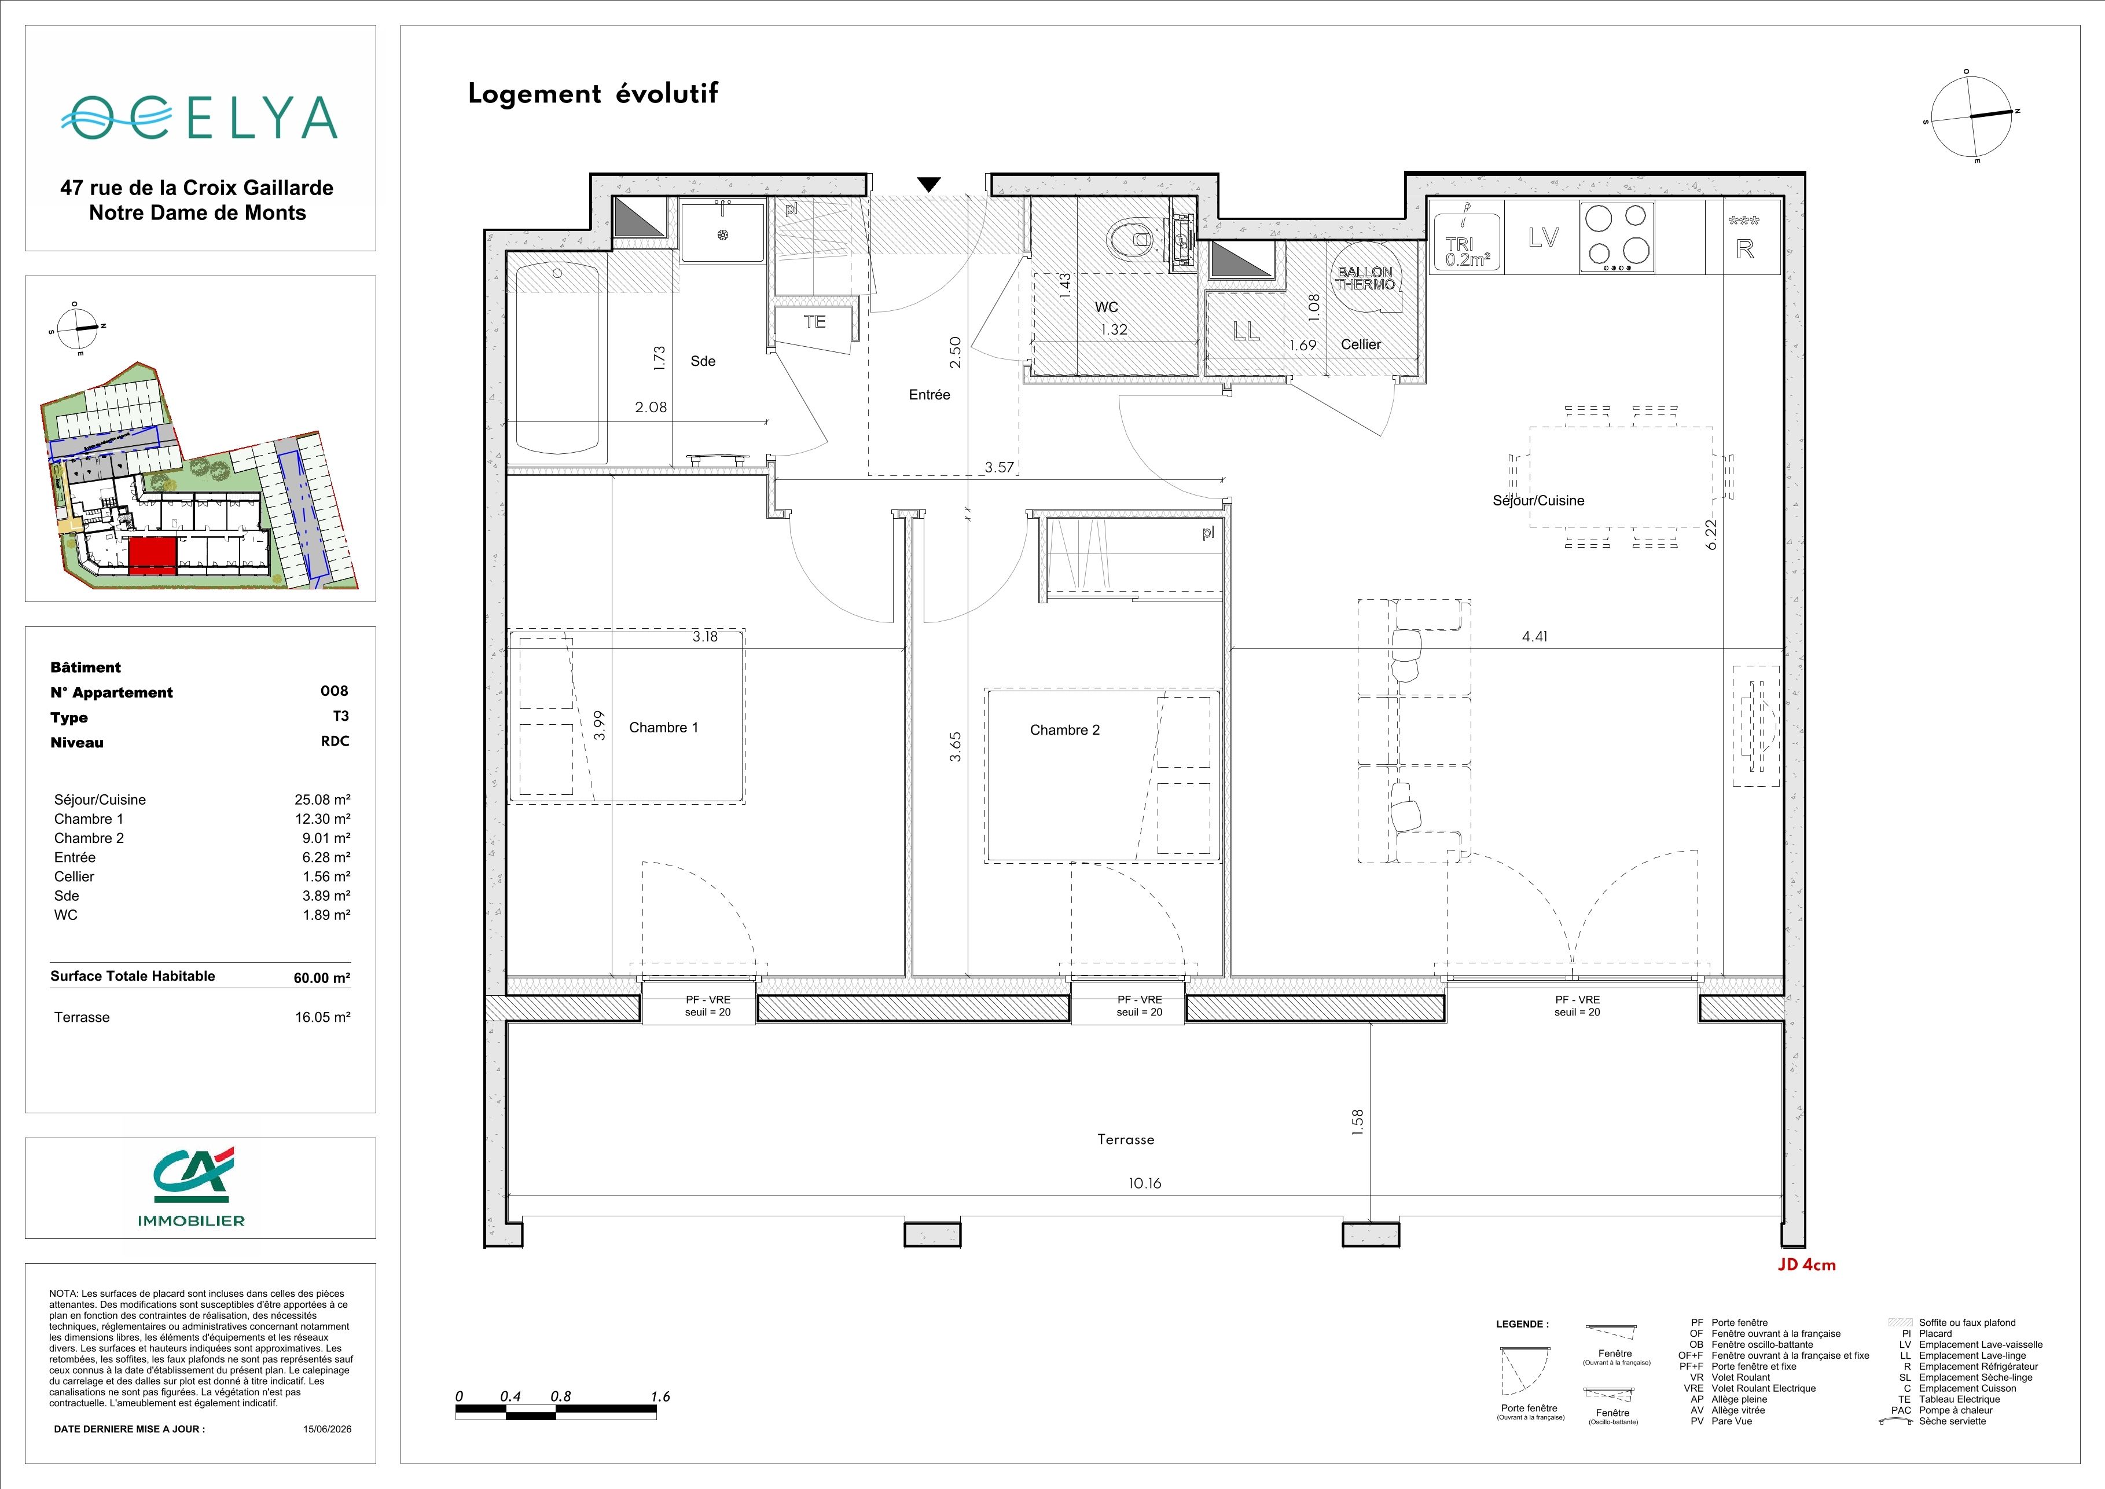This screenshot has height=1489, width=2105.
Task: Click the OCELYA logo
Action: click(200, 118)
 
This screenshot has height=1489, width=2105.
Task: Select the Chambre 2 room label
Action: click(1064, 731)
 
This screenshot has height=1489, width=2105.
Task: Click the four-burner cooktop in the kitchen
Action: click(1617, 237)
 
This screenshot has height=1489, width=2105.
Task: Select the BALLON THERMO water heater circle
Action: click(1365, 278)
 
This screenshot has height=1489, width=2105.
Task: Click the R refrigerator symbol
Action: click(1744, 248)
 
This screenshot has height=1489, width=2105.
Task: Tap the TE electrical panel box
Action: click(814, 322)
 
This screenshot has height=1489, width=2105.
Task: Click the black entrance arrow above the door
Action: click(929, 184)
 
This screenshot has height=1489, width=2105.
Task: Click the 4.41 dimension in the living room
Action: click(1535, 636)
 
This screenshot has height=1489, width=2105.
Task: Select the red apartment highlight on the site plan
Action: click(152, 556)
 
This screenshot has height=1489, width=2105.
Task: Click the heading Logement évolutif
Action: click(593, 94)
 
